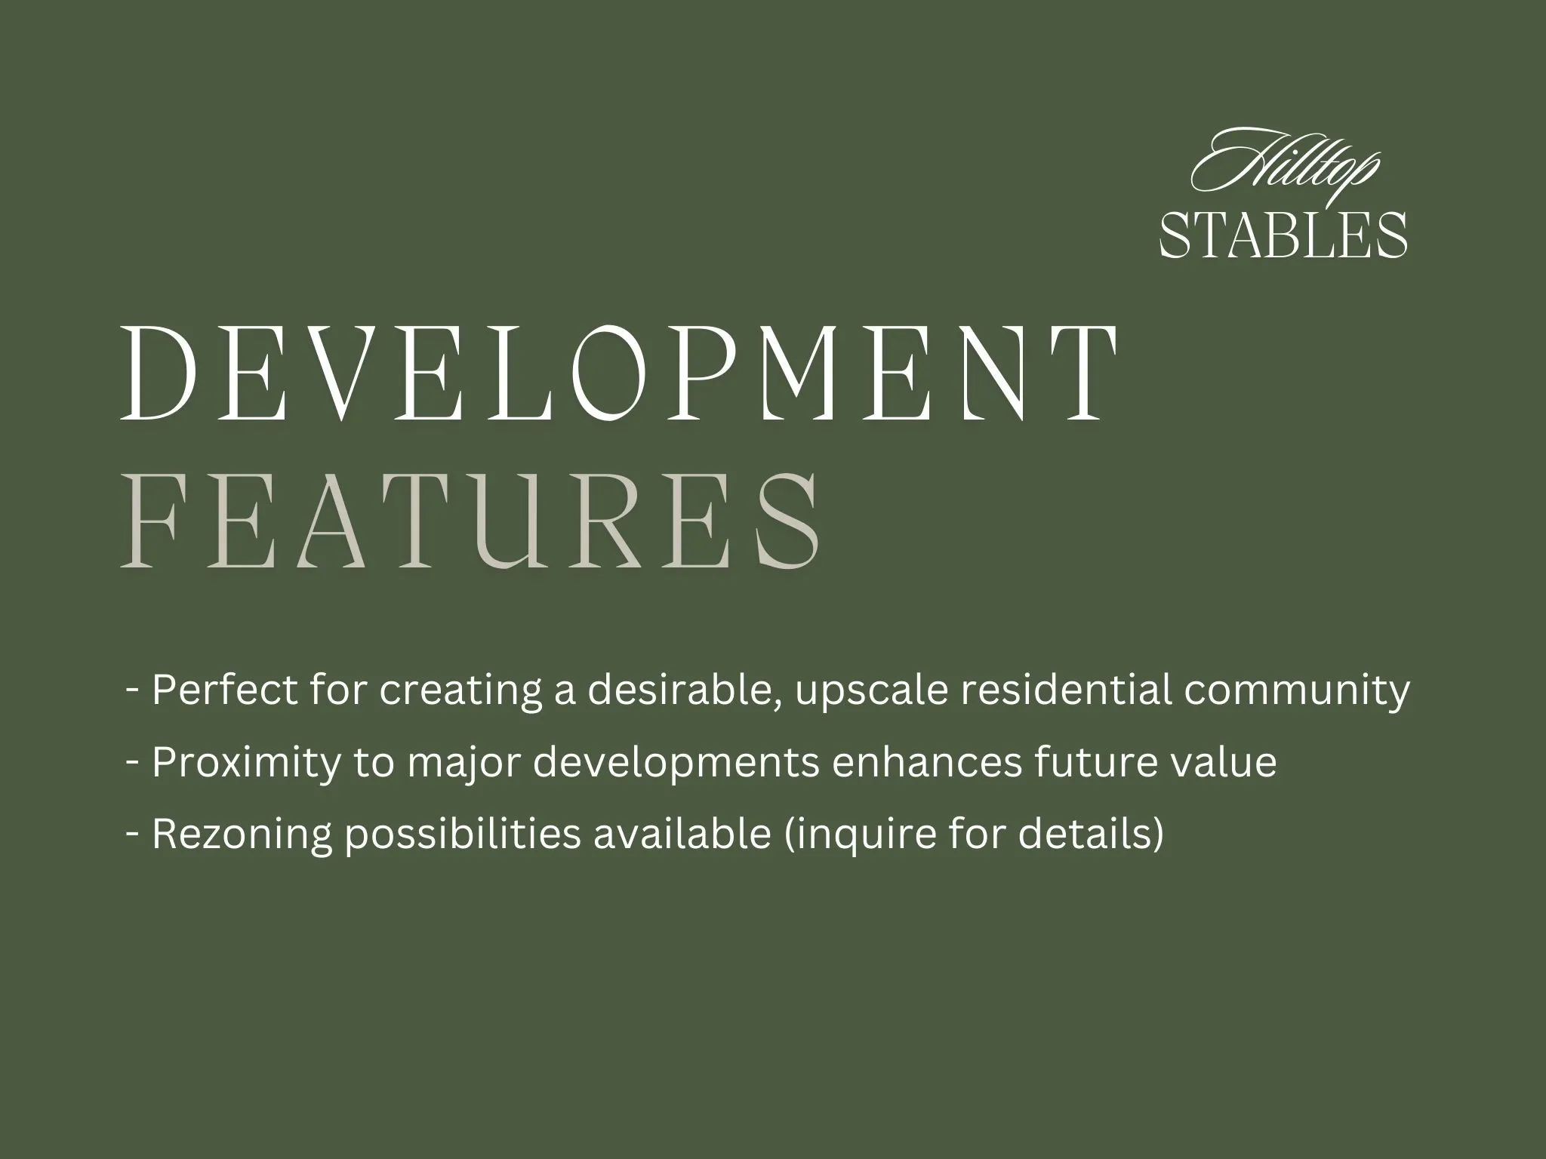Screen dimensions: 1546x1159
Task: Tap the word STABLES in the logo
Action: (x=1283, y=235)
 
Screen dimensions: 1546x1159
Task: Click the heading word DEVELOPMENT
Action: (x=618, y=373)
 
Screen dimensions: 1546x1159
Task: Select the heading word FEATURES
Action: (x=470, y=520)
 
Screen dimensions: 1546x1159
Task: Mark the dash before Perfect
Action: (x=134, y=689)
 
